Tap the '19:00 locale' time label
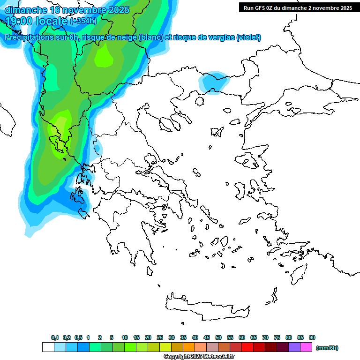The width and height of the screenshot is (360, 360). click(x=36, y=21)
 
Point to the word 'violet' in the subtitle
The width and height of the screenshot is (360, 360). click(x=248, y=37)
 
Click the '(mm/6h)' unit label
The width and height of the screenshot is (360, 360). click(x=327, y=348)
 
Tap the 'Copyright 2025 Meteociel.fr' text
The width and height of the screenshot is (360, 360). click(x=199, y=357)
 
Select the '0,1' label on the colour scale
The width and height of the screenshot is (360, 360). click(x=54, y=338)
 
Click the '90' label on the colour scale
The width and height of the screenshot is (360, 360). click(x=312, y=338)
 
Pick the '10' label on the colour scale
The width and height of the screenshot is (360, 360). click(x=125, y=338)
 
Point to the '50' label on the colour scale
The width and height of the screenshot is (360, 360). click(x=218, y=338)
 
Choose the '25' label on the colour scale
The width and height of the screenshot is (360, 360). click(x=160, y=338)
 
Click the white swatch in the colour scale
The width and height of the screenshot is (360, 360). click(x=48, y=347)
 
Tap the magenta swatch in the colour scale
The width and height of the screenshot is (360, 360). click(x=306, y=347)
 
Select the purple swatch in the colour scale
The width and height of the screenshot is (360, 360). click(x=294, y=347)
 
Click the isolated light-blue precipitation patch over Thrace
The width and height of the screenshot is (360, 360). click(x=214, y=82)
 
